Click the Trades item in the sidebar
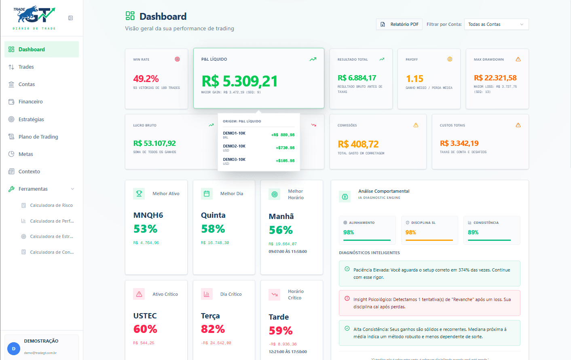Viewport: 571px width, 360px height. (x=26, y=67)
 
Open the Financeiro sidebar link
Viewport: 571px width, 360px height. (x=30, y=102)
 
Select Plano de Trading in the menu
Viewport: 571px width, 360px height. (x=38, y=137)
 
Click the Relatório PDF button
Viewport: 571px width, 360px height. (x=400, y=24)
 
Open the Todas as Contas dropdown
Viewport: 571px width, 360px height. (x=496, y=24)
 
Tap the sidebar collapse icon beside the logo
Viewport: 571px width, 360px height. (x=70, y=18)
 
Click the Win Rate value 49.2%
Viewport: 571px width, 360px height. (x=146, y=79)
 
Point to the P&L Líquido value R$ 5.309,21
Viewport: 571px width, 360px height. (x=239, y=81)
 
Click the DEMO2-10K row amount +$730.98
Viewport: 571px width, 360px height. (x=285, y=148)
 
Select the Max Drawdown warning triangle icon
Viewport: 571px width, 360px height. (x=518, y=59)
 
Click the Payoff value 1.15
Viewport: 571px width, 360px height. (x=415, y=79)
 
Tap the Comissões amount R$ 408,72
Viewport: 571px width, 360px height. (x=358, y=144)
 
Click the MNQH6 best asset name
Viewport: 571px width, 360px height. (x=148, y=215)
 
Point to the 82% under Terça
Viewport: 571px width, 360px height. (x=213, y=329)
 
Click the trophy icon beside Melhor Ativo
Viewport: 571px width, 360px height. (x=139, y=194)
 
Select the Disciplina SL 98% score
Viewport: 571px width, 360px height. (x=410, y=232)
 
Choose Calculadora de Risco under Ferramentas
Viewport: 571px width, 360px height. (x=51, y=205)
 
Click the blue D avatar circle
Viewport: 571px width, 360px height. (x=14, y=349)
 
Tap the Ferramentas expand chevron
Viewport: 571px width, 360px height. (x=73, y=189)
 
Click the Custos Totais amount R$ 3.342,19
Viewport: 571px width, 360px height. (x=459, y=143)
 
